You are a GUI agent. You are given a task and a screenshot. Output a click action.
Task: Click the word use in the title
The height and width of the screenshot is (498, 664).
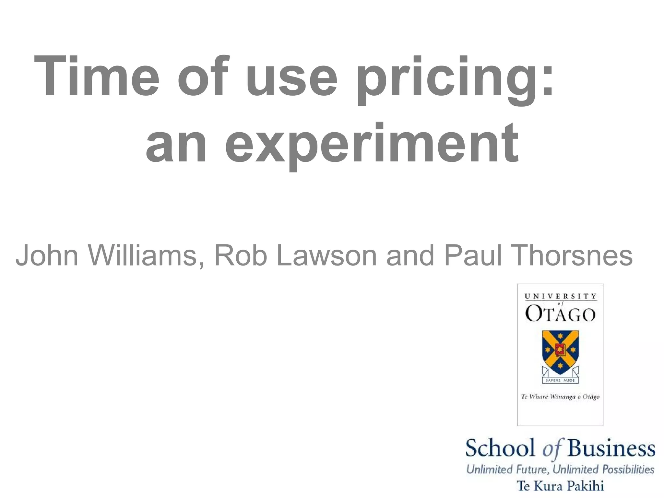(x=292, y=78)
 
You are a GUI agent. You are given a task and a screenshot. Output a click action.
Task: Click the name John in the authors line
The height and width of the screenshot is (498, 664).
(x=47, y=255)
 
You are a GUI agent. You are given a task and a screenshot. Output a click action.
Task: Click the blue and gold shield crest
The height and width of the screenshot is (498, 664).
(x=560, y=352)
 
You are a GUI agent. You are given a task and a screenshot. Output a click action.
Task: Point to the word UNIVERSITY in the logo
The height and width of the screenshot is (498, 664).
(x=560, y=296)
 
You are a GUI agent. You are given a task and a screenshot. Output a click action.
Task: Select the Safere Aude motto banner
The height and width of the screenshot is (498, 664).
(x=560, y=380)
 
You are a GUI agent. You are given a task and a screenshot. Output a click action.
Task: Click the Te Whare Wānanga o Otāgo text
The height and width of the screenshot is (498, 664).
(x=560, y=397)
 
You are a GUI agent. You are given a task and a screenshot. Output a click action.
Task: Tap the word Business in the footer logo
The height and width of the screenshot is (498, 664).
(x=611, y=448)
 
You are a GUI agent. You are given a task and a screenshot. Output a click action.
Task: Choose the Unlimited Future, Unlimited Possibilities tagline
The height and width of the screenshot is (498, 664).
(x=560, y=469)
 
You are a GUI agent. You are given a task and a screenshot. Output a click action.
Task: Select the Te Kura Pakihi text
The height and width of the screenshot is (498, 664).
(x=560, y=486)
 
